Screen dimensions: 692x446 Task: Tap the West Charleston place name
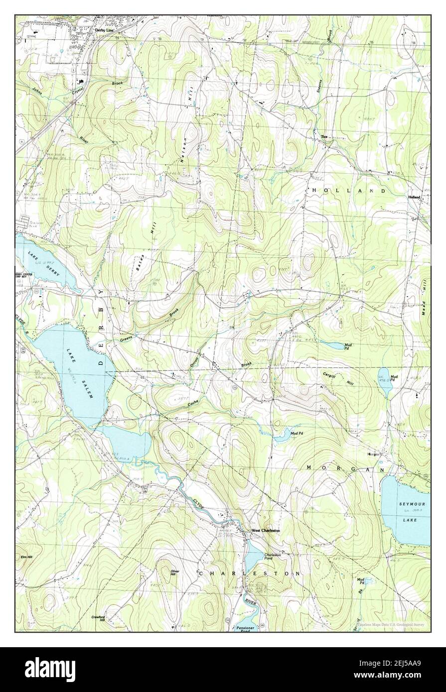(266, 531)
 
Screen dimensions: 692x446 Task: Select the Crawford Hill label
(98, 618)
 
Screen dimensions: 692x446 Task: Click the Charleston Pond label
(272, 557)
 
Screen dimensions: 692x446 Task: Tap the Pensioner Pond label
(246, 629)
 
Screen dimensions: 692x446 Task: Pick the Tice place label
(324, 137)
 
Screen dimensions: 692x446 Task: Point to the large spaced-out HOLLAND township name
(349, 191)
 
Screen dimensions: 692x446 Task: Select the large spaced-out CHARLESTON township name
(249, 574)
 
